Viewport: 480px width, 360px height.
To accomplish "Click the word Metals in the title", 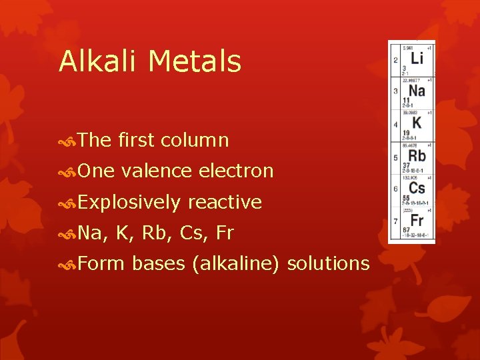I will tap(195, 61).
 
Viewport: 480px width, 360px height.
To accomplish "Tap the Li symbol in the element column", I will tap(416, 59).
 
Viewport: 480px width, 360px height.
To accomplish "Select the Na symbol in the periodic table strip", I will tap(416, 91).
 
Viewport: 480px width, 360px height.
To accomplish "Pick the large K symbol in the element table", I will tap(416, 123).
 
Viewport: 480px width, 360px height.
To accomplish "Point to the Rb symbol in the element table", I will tap(417, 155).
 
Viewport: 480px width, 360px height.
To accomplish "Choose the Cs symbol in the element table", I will tap(417, 188).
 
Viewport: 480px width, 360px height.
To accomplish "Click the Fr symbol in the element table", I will tap(417, 220).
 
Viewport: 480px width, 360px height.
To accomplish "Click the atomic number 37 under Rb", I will tap(405, 165).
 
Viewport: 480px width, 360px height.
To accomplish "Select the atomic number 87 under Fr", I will tap(405, 230).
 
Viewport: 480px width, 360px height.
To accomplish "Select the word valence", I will tap(159, 171).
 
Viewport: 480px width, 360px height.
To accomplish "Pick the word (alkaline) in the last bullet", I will tap(235, 263).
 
